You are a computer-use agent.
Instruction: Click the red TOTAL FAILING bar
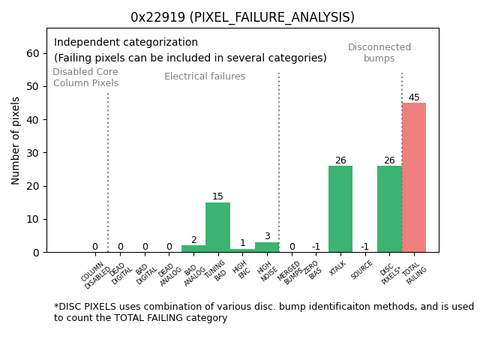coord(414,178)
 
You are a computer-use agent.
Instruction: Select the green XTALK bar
coord(340,209)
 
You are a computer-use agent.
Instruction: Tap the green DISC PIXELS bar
coord(389,209)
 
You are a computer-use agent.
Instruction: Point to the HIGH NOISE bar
coord(267,247)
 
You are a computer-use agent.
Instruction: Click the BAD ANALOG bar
coord(193,248)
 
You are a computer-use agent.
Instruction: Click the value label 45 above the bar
coord(414,97)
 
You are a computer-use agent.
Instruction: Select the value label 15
coord(217,196)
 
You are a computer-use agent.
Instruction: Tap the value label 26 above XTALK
coord(340,160)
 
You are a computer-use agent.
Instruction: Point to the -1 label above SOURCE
coord(364,247)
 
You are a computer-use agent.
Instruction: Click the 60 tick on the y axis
coord(34,53)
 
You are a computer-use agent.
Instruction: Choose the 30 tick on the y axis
coord(34,153)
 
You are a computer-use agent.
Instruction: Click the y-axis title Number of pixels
coord(16,140)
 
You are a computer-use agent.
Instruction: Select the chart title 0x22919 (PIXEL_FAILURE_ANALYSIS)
coord(242,17)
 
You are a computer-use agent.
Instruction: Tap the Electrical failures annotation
coord(205,76)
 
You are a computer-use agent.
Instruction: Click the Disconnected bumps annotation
coord(379,52)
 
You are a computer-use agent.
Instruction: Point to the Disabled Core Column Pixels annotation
coord(85,77)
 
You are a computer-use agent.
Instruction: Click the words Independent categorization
coord(126,43)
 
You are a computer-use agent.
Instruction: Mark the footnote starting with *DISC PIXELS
coord(263,312)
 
